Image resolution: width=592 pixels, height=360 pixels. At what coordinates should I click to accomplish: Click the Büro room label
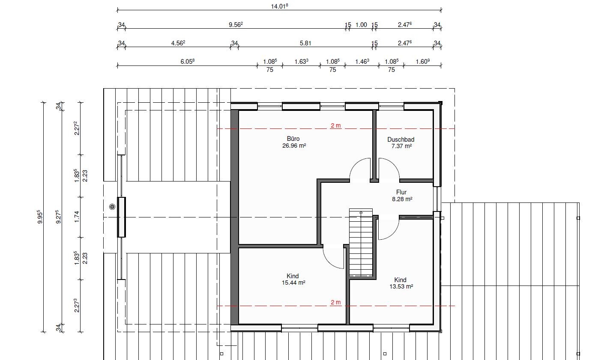(293, 139)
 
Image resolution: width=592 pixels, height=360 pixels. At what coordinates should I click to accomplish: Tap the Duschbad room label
(401, 140)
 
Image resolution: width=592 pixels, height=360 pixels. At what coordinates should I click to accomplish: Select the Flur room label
(401, 192)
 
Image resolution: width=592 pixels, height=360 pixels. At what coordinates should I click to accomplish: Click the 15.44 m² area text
(293, 283)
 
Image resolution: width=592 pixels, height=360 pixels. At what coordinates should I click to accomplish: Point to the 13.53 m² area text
(401, 286)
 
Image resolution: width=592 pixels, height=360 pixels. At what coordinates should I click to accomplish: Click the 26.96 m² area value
(294, 146)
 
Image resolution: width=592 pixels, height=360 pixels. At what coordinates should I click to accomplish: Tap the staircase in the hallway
(361, 242)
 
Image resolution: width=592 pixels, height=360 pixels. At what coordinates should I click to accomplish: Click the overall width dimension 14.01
(279, 6)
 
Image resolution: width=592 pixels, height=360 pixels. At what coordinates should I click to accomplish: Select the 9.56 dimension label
(236, 24)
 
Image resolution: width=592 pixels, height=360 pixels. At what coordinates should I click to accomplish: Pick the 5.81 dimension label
(305, 43)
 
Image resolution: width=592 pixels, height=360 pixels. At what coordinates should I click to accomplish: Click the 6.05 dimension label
(188, 62)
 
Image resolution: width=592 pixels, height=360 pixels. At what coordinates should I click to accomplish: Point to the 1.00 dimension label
(361, 25)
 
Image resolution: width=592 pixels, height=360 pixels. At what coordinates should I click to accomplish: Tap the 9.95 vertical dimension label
(40, 217)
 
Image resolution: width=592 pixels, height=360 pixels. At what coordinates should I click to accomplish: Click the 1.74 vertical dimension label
(77, 217)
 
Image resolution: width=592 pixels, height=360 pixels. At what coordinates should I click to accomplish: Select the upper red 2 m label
(336, 125)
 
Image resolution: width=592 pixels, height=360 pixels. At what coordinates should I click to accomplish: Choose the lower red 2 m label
(336, 302)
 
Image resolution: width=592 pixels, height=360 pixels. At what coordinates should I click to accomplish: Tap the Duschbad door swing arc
(393, 164)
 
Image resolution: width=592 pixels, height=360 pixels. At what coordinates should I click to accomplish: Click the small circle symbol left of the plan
(112, 207)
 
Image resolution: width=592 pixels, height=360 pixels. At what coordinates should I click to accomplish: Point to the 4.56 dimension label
(178, 43)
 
